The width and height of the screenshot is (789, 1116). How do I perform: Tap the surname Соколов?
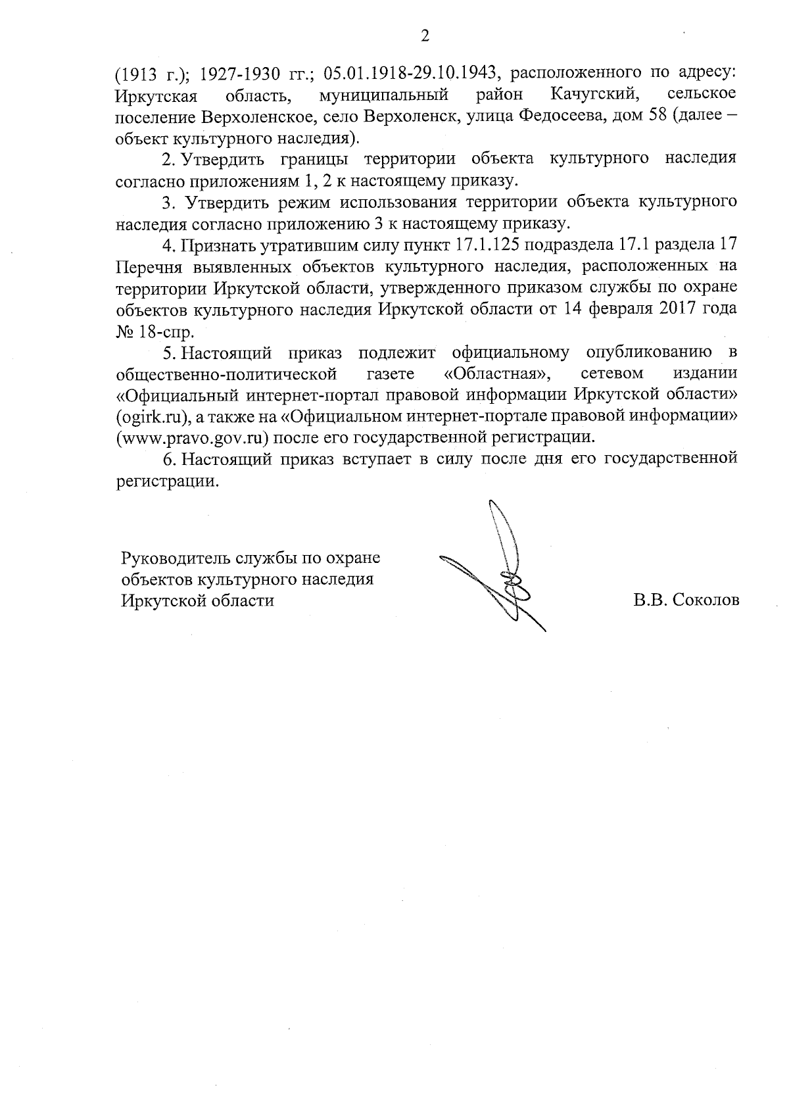(x=707, y=600)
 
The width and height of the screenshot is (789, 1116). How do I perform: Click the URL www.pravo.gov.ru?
(x=191, y=438)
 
